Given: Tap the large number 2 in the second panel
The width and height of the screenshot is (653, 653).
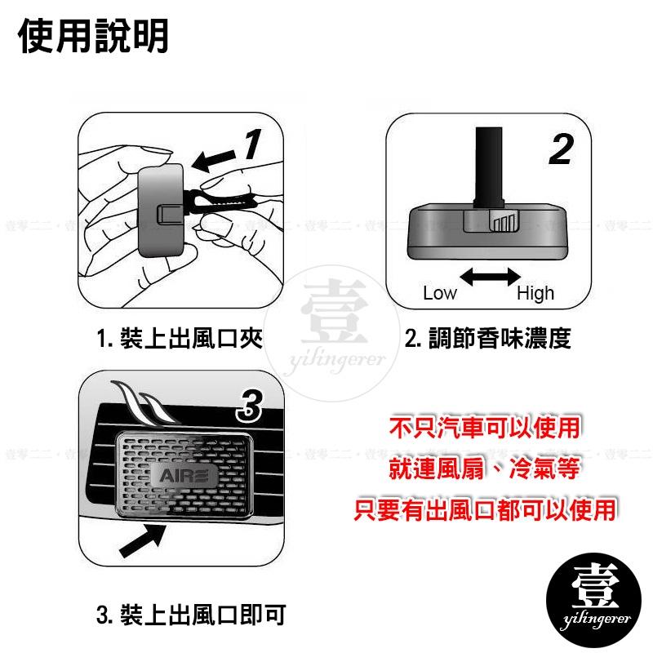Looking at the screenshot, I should pyautogui.click(x=559, y=149).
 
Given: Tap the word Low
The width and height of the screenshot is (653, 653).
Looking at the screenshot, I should pyautogui.click(x=439, y=293).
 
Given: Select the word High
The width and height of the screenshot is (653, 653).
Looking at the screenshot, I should pyautogui.click(x=535, y=293).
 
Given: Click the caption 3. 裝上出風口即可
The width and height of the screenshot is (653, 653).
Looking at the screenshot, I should pyautogui.click(x=190, y=612).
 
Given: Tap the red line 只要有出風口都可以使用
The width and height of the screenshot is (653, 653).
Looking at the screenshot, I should pyautogui.click(x=486, y=512).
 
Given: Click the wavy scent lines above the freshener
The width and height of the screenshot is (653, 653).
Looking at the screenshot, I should pyautogui.click(x=144, y=402).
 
